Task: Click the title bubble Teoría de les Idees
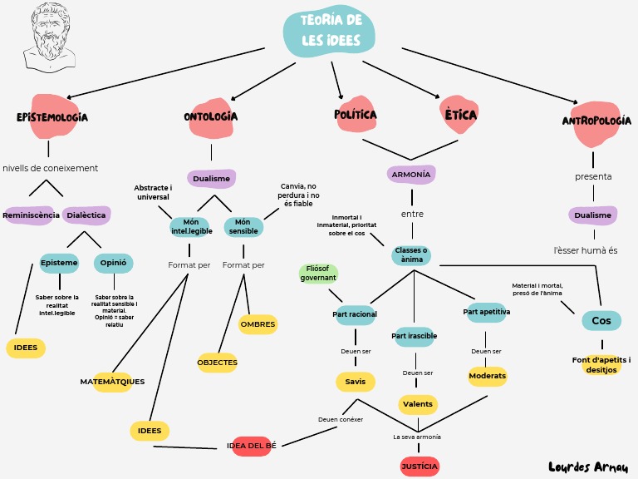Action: click(331, 32)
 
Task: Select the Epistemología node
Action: click(52, 116)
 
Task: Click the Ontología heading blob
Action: click(210, 116)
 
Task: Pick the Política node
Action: click(355, 114)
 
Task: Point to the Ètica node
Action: click(460, 115)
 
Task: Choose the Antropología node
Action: click(596, 121)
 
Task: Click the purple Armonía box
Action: click(410, 175)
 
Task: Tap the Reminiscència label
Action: click(31, 215)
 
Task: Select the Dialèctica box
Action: click(86, 215)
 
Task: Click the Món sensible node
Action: click(243, 226)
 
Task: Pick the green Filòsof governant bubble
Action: click(319, 274)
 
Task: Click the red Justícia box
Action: click(420, 467)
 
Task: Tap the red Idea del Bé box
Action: click(252, 446)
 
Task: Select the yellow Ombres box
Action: click(258, 324)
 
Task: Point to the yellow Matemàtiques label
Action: click(112, 382)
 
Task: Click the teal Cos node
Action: click(601, 321)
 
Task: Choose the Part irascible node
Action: click(414, 336)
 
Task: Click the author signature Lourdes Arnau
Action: click(588, 467)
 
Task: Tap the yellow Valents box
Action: click(418, 404)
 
